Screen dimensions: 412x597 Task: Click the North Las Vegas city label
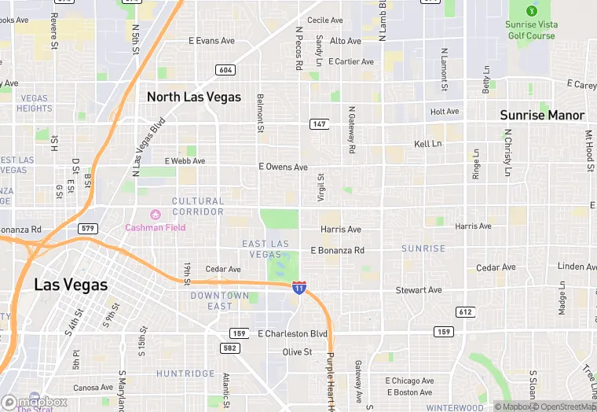pos(194,97)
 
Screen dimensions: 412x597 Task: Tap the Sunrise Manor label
pos(542,115)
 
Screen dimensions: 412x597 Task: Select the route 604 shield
pos(226,70)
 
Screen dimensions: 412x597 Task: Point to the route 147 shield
pos(319,124)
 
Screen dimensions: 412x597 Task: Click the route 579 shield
pos(88,228)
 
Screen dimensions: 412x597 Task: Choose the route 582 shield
pos(229,347)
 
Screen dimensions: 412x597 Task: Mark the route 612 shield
pos(466,312)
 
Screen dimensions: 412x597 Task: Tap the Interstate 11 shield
pos(298,287)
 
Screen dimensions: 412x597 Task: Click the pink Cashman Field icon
pos(155,214)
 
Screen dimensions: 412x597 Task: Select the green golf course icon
pos(531,11)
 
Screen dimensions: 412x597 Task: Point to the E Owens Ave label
pos(283,167)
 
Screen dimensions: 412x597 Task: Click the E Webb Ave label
pos(185,161)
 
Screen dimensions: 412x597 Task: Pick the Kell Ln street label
pos(428,144)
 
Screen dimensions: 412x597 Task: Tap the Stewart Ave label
pos(419,290)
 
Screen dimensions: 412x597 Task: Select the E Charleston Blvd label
pos(292,333)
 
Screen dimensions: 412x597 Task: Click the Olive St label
pos(297,351)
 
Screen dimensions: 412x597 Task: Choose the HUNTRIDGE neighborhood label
pos(185,373)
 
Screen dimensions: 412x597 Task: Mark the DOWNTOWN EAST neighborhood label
pos(220,301)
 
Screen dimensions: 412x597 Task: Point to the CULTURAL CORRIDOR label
pos(198,207)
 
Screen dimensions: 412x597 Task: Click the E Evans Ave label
pos(212,40)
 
